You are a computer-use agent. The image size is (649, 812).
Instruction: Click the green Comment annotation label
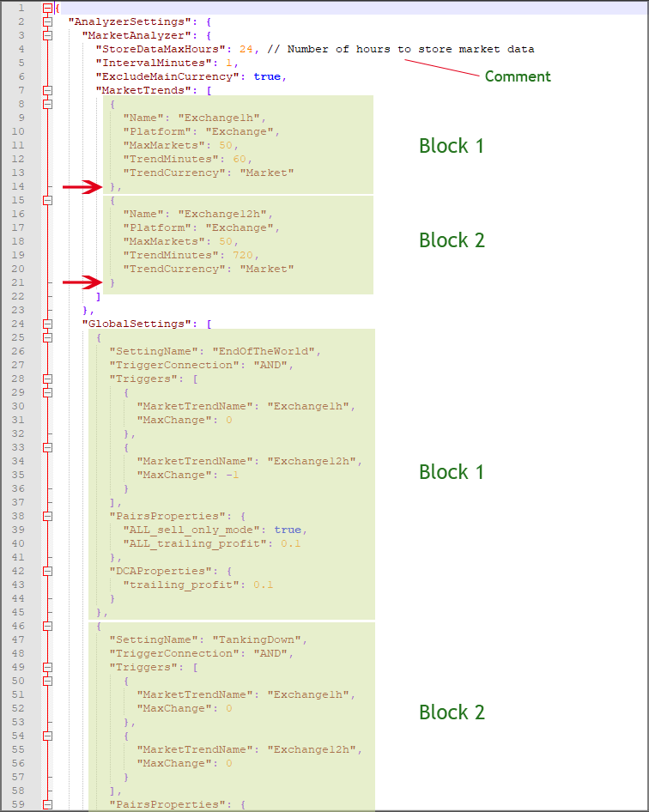pyautogui.click(x=518, y=76)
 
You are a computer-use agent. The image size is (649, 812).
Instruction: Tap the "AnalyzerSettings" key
pyautogui.click(x=118, y=21)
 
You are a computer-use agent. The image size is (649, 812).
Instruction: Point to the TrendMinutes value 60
pyautogui.click(x=240, y=159)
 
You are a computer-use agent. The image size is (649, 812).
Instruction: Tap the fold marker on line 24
pyautogui.click(x=47, y=324)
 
